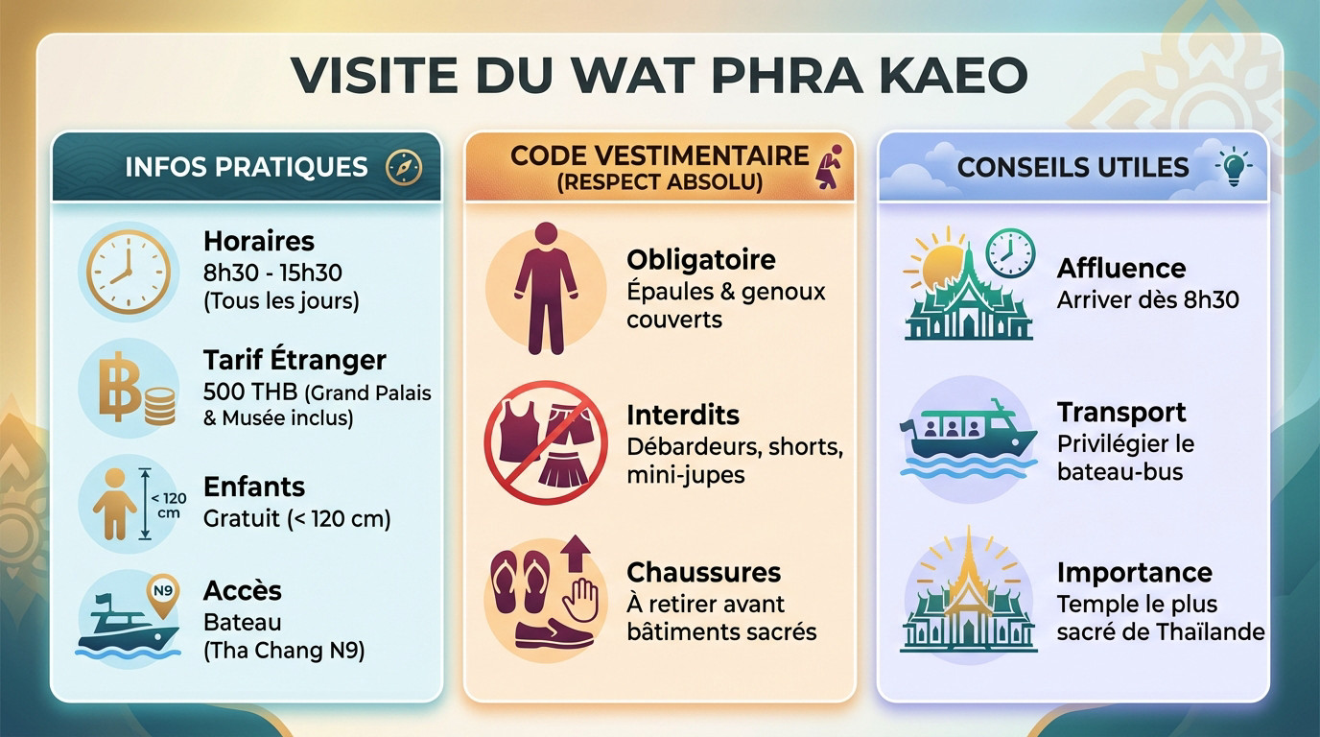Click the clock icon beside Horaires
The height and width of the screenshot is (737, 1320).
click(x=128, y=272)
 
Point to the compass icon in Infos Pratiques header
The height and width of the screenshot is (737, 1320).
click(x=404, y=167)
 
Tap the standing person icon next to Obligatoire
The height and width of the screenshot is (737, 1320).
click(x=545, y=288)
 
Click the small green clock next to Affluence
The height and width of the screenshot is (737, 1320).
click(x=1010, y=253)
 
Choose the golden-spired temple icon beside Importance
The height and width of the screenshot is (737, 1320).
click(x=968, y=595)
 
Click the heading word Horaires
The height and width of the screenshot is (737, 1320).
click(x=259, y=241)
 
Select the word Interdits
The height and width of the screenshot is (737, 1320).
click(x=682, y=416)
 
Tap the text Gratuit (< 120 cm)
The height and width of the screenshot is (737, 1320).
click(x=297, y=519)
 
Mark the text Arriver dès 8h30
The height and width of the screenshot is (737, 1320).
click(x=1147, y=299)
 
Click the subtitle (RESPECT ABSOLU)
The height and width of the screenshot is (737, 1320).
click(x=660, y=182)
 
